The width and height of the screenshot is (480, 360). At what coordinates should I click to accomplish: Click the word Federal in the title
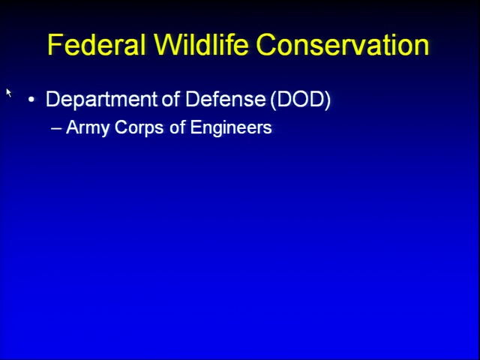97,45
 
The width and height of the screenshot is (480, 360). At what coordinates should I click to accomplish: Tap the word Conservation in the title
343,45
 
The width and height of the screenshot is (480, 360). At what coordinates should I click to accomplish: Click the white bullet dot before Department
31,100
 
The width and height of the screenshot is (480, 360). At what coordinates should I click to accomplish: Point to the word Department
102,100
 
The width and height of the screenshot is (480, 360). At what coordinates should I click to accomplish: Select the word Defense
225,99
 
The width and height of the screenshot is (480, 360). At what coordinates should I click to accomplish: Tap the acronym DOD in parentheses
301,99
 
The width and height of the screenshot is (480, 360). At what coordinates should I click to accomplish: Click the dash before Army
56,128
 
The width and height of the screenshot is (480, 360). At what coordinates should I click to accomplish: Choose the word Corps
139,128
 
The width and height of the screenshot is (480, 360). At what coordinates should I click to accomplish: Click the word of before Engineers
177,127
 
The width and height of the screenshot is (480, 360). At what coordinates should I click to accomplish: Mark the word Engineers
231,128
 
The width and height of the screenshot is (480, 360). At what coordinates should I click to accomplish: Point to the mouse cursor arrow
8,92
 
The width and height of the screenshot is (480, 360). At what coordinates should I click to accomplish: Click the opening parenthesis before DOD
273,100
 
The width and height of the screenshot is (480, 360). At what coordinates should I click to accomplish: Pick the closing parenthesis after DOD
328,100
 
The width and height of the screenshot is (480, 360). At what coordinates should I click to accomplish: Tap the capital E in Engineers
195,127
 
